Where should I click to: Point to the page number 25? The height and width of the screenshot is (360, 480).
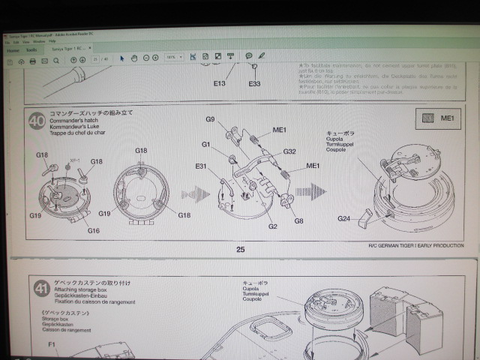(240, 250)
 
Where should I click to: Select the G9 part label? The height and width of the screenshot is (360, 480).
(211, 119)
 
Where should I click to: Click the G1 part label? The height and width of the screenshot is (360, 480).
(205, 144)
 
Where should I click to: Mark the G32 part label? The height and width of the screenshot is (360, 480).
(289, 151)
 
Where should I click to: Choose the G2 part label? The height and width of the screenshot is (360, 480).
(273, 226)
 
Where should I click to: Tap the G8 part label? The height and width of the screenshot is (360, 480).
(298, 220)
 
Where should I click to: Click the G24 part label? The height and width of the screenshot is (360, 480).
(344, 218)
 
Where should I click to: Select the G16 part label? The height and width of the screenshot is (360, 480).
(93, 230)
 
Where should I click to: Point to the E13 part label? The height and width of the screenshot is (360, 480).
(218, 83)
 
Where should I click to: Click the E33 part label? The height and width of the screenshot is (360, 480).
(254, 83)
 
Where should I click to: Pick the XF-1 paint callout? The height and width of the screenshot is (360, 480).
(74, 160)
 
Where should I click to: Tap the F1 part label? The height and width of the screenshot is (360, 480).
(52, 344)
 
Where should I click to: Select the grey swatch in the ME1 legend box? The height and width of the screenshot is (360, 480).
(428, 118)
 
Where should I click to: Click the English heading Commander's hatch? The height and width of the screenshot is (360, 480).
(76, 121)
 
